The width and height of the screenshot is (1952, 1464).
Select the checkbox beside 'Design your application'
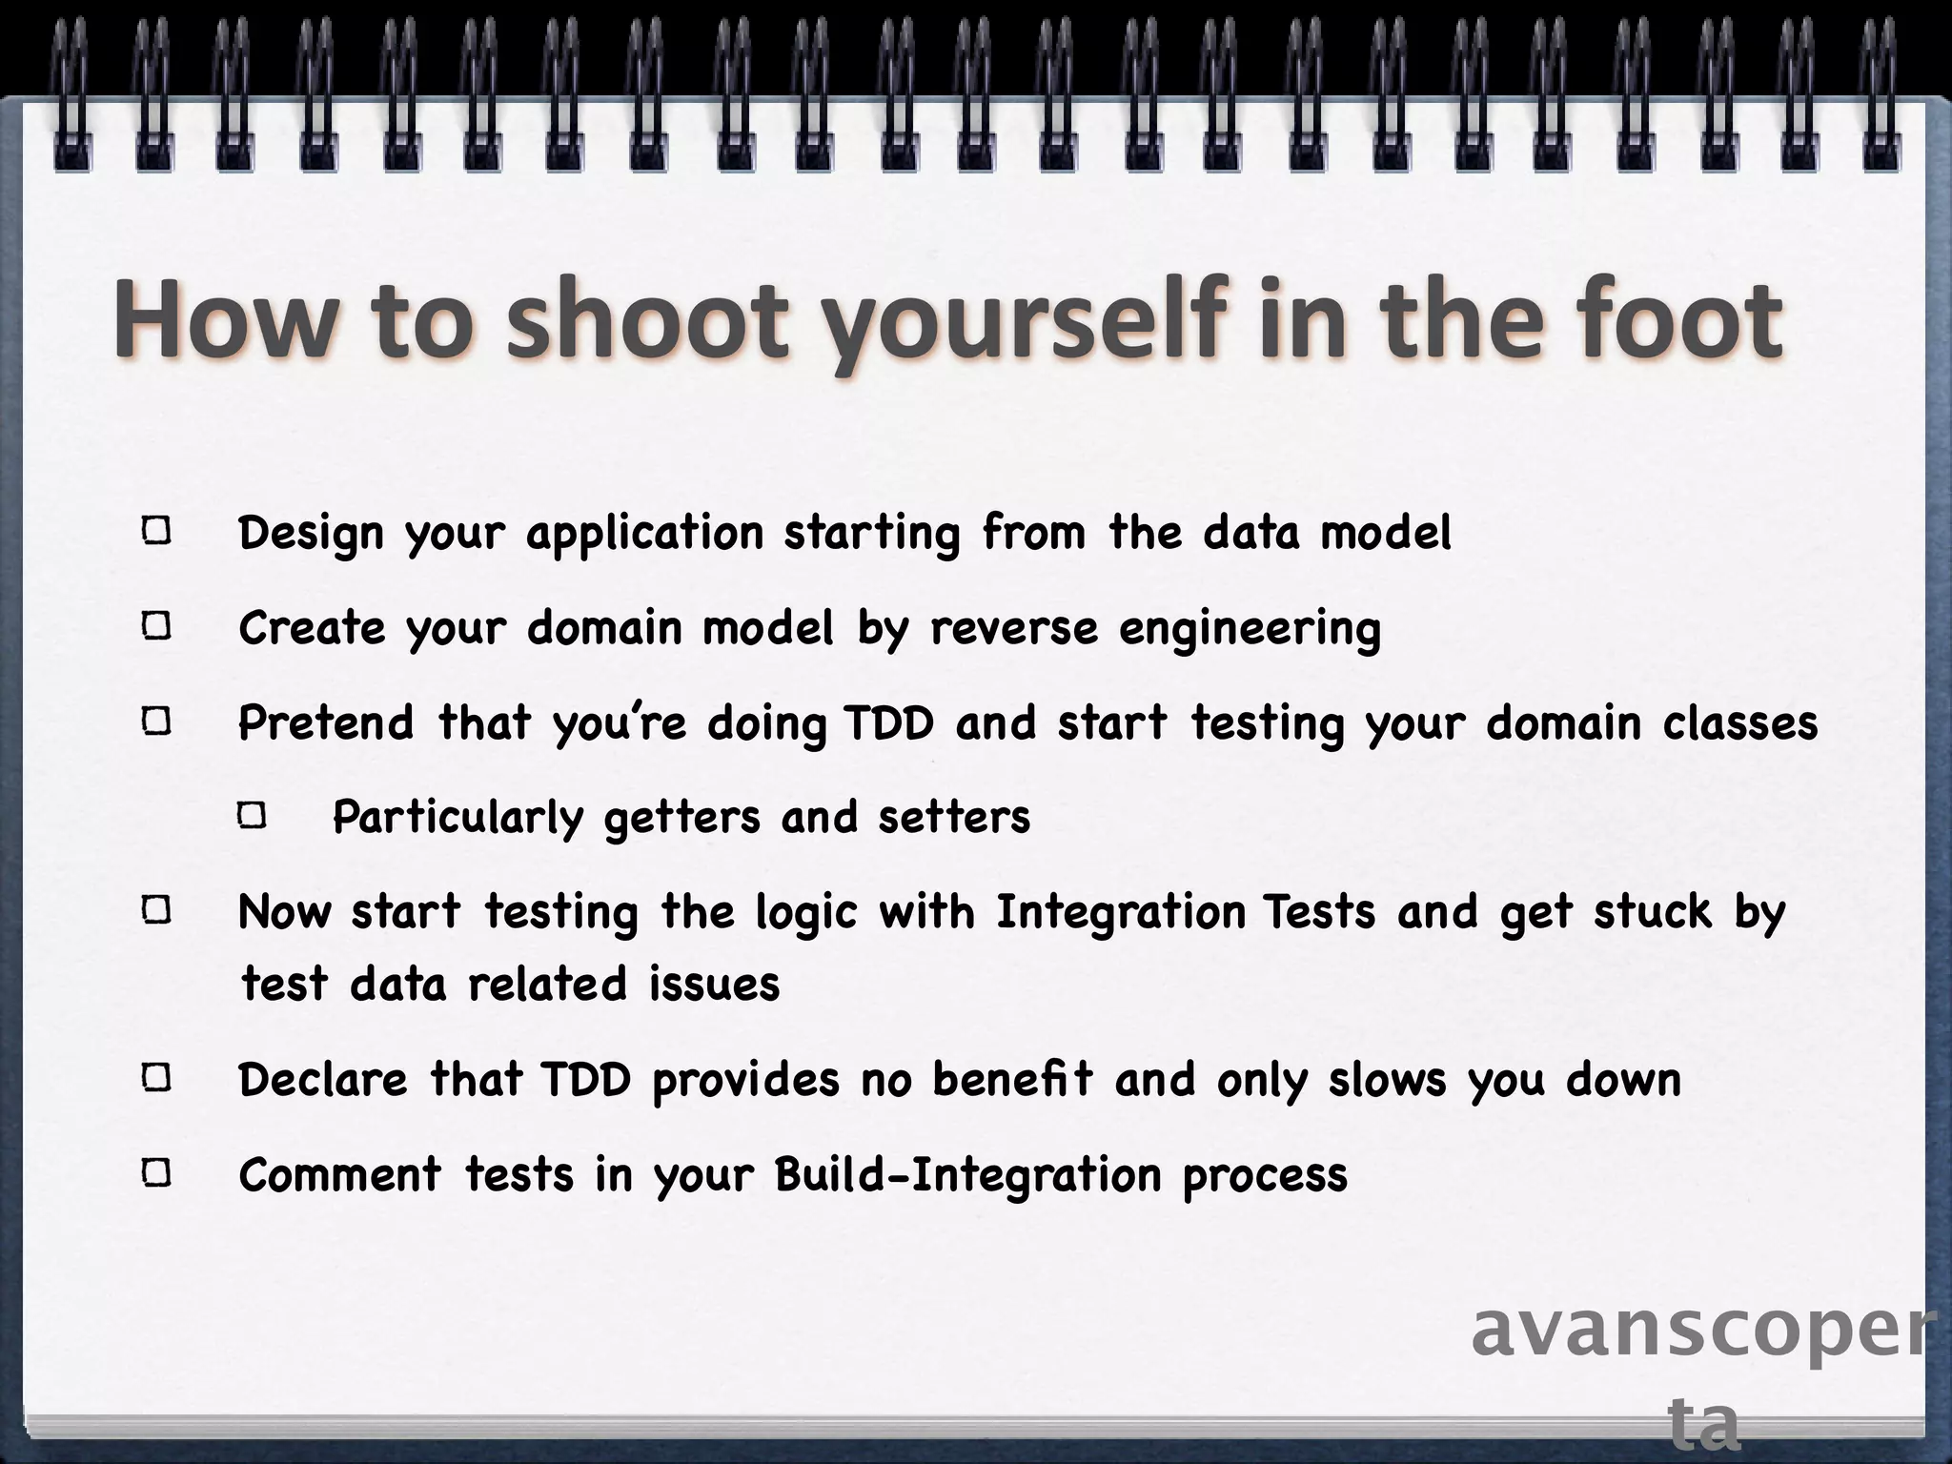pos(156,531)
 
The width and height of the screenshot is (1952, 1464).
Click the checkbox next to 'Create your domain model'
pos(156,626)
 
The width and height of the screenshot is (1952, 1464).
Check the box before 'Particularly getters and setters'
pos(252,816)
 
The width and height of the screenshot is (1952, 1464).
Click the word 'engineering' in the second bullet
pos(1250,629)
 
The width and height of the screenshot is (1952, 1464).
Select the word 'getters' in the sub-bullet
pos(681,818)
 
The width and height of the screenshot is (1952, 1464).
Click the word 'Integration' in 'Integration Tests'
pos(1121,912)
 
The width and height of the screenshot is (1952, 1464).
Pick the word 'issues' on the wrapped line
pos(714,984)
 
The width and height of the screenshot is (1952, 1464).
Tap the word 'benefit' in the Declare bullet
pos(1012,1079)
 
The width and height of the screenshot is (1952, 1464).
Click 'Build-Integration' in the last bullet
pos(967,1174)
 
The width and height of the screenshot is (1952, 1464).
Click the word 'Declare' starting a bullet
pos(323,1079)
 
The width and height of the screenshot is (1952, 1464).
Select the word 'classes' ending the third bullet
pos(1740,722)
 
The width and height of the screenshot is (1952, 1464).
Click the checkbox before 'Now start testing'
pos(156,910)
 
